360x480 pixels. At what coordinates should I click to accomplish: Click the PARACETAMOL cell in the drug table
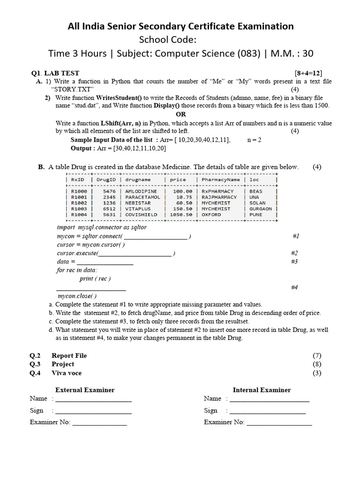click(142, 197)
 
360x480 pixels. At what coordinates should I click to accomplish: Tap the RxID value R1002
click(78, 203)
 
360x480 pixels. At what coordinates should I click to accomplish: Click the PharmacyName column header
click(220, 180)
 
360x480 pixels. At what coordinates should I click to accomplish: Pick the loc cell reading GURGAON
click(261, 209)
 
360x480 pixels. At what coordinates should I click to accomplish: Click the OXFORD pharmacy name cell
click(211, 215)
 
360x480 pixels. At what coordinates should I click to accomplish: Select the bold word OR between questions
click(180, 114)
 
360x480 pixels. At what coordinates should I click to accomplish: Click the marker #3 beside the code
click(294, 262)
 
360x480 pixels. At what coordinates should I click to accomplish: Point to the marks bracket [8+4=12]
click(308, 73)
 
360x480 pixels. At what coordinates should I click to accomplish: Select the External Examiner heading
click(85, 390)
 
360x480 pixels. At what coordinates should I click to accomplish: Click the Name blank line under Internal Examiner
click(269, 399)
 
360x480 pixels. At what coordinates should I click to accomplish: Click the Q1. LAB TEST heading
click(55, 73)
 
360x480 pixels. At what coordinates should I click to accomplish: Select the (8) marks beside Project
click(317, 364)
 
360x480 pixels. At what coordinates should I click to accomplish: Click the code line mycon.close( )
click(77, 296)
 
